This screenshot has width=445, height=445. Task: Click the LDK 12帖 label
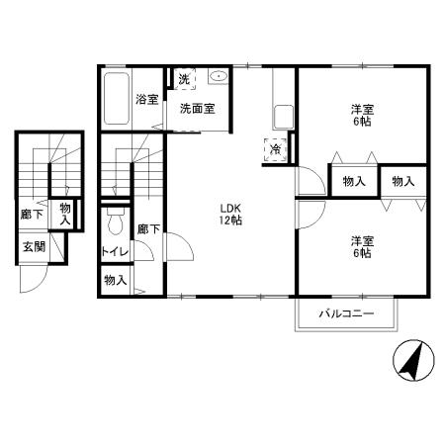230,215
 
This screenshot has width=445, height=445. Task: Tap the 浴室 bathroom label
147,99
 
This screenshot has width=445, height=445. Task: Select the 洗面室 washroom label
198,109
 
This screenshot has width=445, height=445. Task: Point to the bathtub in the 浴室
117,98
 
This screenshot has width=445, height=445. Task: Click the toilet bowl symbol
116,221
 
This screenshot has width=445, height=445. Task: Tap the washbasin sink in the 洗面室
219,76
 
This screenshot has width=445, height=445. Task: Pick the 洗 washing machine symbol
184,79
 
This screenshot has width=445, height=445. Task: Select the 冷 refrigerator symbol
275,150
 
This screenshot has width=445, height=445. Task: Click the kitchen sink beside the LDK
284,117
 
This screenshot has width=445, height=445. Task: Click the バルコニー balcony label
346,313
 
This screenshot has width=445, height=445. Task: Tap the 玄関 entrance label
34,246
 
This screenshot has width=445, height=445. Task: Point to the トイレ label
115,252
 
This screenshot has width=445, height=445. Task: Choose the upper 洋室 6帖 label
362,116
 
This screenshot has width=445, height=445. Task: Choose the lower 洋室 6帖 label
362,247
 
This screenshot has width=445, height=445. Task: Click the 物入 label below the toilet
116,281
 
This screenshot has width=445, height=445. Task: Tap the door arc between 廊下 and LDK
186,244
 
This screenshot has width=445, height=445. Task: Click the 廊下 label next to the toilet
148,228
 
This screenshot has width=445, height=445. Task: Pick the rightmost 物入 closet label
403,181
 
